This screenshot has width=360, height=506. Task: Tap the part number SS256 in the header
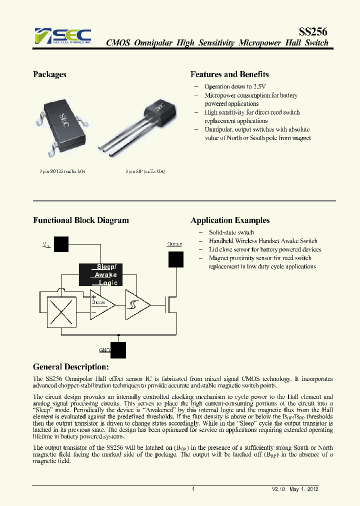click(x=313, y=31)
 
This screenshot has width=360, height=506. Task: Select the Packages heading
click(x=49, y=74)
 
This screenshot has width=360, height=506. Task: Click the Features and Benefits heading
click(x=229, y=74)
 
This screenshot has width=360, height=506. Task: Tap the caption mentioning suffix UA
click(x=145, y=171)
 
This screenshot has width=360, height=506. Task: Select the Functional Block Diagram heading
click(x=80, y=220)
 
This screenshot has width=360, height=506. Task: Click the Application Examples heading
click(x=230, y=220)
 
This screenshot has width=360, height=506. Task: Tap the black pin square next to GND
click(x=118, y=350)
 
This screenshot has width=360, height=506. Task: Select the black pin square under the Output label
click(x=175, y=259)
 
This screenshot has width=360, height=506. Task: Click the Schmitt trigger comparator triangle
click(x=136, y=304)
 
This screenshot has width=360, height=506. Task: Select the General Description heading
click(x=70, y=367)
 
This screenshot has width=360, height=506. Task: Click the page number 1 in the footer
click(x=193, y=489)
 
